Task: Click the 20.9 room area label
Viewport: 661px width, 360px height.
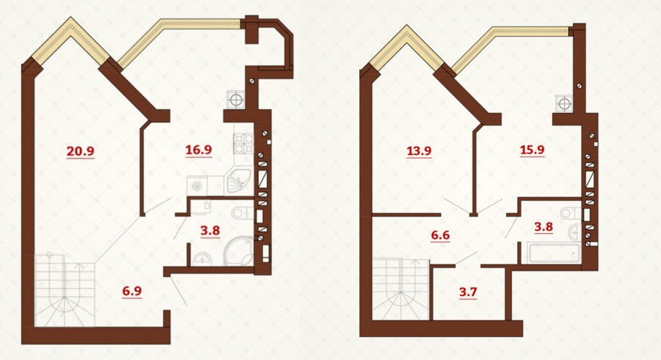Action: (x=80, y=150)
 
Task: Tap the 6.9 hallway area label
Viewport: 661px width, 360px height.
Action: (x=132, y=291)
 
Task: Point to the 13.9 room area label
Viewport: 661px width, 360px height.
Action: (x=419, y=150)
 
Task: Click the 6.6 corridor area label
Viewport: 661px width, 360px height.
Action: (x=440, y=235)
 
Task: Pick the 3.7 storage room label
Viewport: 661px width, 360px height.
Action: (x=467, y=292)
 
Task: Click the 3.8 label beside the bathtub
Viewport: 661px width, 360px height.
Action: (x=544, y=227)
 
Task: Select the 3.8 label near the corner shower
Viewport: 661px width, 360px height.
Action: (x=210, y=231)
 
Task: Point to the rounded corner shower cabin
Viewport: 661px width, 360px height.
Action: (x=239, y=251)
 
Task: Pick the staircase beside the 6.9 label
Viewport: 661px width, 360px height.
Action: (x=64, y=290)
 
